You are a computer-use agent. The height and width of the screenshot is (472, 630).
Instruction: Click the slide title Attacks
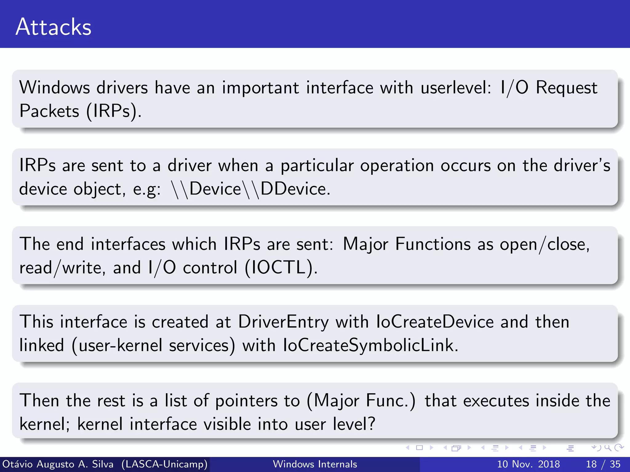point(54,27)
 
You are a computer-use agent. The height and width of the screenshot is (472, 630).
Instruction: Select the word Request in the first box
point(566,88)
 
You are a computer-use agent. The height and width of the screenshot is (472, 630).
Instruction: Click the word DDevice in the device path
point(295,189)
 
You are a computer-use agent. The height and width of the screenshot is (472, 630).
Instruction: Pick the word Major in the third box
point(365,245)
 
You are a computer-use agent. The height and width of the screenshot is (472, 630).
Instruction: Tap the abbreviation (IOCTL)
point(281,268)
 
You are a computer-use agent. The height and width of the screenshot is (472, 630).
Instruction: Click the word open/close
point(544,245)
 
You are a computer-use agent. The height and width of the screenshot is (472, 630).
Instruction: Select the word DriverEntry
point(283,322)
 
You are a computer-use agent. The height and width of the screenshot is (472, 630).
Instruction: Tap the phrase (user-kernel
point(117,345)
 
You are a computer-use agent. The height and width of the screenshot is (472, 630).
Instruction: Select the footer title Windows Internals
point(315,464)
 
